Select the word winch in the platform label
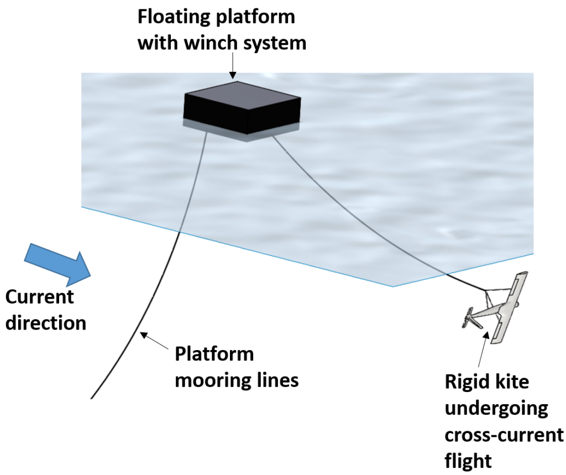point(211,43)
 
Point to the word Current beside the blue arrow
point(39,297)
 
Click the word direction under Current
point(46,322)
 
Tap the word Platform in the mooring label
point(214,354)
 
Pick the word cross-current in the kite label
point(504,435)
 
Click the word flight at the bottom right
point(468,461)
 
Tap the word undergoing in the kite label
point(496,409)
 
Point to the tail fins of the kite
point(471,320)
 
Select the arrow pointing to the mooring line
point(155,340)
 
